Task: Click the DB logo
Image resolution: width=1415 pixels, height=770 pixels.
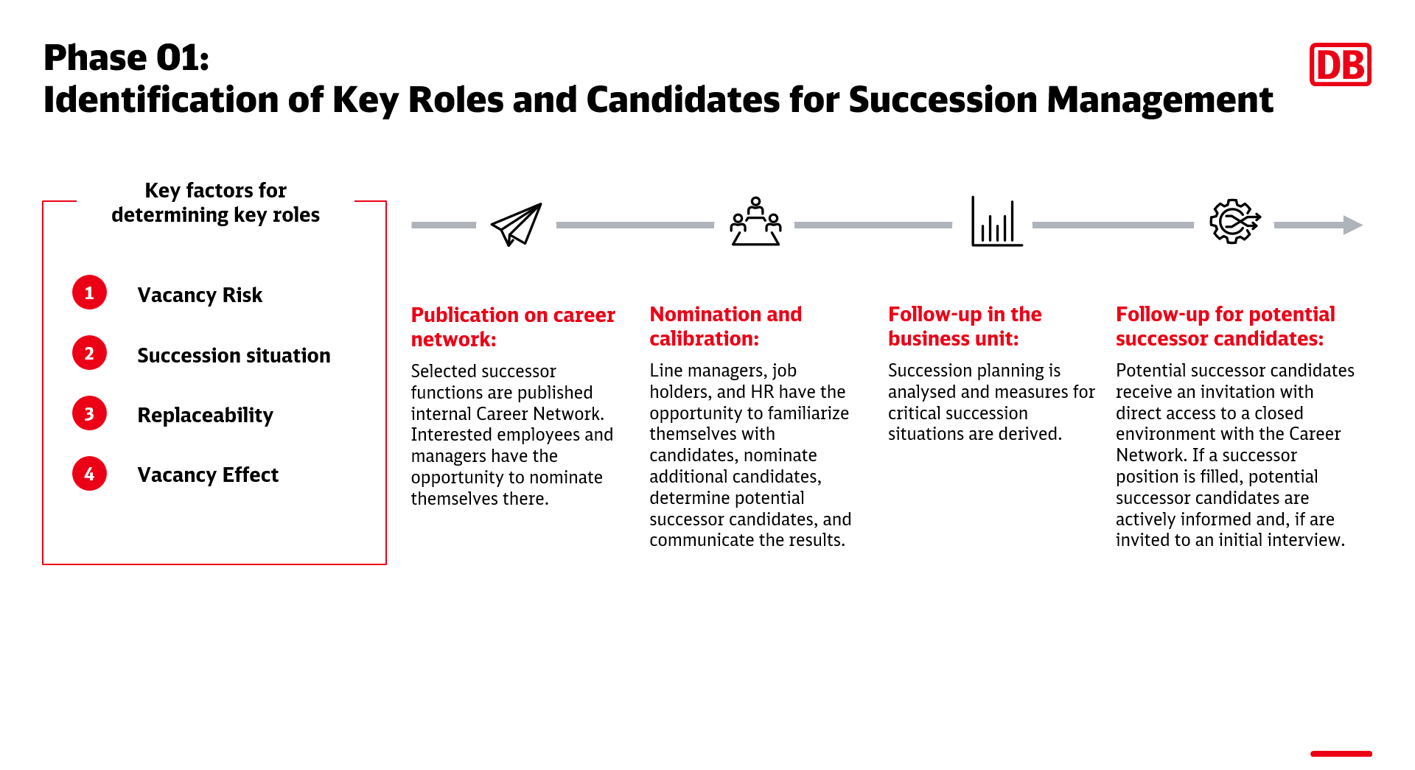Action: coord(1340,64)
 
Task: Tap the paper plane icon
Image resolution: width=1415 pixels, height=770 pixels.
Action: coord(517,225)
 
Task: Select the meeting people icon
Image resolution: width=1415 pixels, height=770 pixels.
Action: coord(755,221)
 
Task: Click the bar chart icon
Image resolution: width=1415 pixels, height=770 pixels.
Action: coord(996,221)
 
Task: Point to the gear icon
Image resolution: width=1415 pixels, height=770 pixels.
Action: coord(1235,221)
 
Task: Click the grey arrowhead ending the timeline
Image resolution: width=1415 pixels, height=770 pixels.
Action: coord(1353,225)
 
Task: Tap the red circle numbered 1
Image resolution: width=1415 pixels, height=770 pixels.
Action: coord(89,293)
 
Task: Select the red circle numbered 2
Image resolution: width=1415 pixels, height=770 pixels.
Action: coord(89,353)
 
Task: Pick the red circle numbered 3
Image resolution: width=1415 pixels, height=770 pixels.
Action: coord(89,413)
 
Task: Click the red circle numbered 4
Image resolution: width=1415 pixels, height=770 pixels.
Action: coord(89,474)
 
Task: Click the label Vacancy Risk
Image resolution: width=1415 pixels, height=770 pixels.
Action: coord(200,295)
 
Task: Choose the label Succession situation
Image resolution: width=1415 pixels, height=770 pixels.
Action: coord(234,355)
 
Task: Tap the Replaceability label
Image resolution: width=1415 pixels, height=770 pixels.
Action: coord(205,416)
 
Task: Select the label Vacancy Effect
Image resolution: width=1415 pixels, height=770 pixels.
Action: coord(208,475)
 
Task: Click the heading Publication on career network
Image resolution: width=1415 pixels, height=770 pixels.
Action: coord(513,326)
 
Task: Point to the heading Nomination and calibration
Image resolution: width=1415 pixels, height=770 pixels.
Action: coord(725,326)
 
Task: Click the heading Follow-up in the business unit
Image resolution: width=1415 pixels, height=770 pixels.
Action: coord(965,326)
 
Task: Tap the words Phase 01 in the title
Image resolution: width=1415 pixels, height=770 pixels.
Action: coord(127,57)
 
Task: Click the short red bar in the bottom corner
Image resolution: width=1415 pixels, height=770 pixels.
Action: coord(1341,754)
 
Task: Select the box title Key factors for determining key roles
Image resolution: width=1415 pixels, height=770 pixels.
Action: coord(215,203)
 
